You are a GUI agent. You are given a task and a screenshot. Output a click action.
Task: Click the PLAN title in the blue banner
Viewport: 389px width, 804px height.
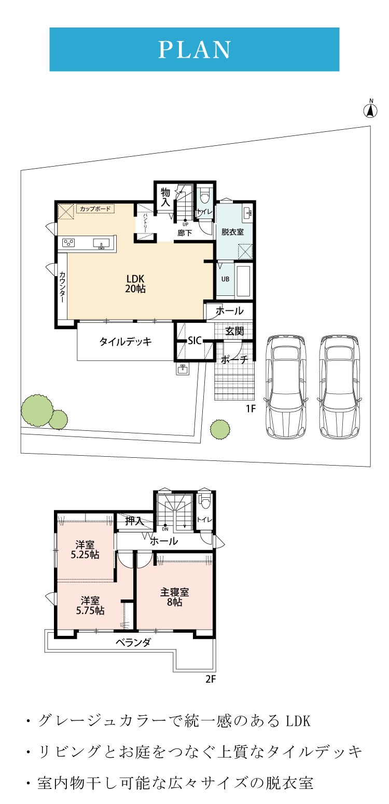195,49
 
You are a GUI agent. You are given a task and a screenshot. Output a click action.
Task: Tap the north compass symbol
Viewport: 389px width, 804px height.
370,109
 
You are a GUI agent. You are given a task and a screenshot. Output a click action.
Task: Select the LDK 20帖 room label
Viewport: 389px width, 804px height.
135,283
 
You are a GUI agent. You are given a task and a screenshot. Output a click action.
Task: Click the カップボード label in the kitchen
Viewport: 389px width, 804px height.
95,209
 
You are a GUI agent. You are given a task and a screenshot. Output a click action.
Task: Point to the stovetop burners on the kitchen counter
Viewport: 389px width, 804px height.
68,243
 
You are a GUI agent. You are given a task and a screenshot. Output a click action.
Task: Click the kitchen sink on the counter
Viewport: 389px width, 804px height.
102,244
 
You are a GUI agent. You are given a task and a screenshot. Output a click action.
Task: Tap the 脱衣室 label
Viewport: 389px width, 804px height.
232,232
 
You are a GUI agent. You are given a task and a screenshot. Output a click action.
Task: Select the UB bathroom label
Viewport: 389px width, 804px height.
225,279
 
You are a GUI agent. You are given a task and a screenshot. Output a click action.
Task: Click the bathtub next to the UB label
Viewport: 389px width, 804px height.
243,281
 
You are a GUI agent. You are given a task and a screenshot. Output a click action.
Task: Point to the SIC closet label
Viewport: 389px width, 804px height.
195,340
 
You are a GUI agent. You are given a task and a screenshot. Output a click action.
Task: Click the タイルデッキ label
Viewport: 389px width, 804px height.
126,342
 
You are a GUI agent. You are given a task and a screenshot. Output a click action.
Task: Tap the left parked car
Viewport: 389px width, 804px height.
286,387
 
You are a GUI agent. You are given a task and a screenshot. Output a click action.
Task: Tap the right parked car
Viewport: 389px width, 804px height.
339,387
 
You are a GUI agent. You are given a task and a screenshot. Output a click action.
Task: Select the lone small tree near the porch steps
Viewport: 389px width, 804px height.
220,429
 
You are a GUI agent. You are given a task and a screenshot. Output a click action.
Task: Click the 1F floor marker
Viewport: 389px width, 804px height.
251,408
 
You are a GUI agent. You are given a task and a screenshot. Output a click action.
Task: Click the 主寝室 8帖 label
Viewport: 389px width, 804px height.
175,597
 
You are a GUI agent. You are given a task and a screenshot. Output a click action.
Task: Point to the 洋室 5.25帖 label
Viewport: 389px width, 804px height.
85,550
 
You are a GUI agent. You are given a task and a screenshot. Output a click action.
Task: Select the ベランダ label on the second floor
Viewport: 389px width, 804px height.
133,642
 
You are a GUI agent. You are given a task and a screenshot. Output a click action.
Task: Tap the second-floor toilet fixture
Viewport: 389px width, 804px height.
205,501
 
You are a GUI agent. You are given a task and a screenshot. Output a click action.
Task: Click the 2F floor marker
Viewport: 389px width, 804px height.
211,679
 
